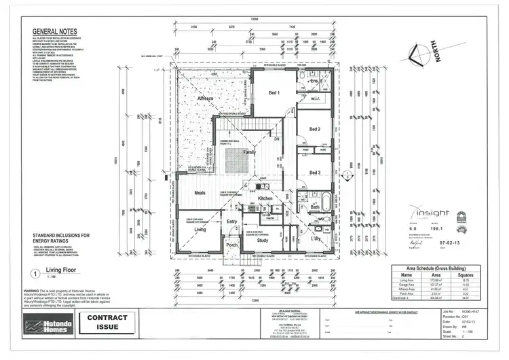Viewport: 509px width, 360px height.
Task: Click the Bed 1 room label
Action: pos(274,92)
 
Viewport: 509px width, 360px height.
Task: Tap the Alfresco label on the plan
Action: pos(204,99)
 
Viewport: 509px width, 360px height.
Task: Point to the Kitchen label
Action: pos(265,198)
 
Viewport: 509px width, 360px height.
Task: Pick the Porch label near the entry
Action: pos(231,245)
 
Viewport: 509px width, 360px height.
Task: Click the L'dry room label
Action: pos(316,239)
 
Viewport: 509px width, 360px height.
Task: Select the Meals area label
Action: pos(200,193)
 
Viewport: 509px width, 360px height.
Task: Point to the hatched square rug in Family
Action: pos(237,160)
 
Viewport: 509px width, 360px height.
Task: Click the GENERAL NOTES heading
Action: pos(55,32)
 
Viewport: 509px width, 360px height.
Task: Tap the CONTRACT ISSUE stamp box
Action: pos(105,323)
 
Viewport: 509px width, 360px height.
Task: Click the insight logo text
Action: pos(431,213)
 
